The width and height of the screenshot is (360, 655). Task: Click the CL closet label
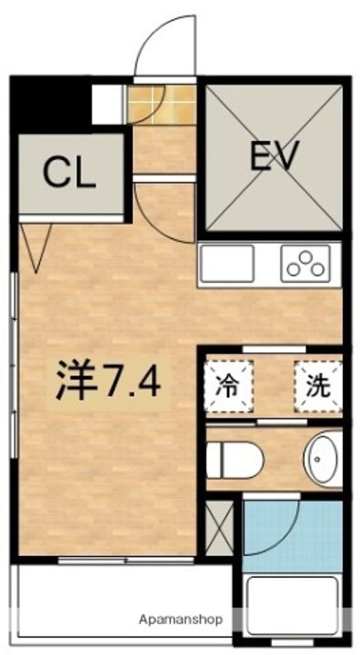(x=69, y=173)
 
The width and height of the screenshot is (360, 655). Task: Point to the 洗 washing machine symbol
(x=316, y=386)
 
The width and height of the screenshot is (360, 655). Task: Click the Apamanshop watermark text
(x=181, y=619)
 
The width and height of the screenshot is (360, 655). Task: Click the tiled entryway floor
(x=162, y=104)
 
